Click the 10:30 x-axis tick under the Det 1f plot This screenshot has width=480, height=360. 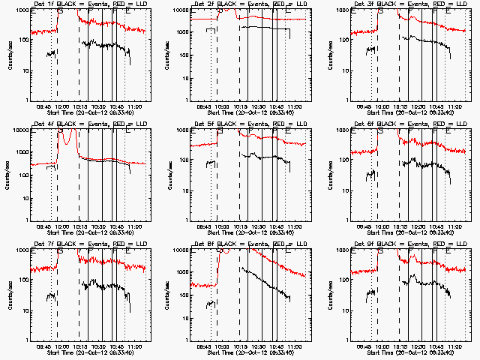(98, 106)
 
